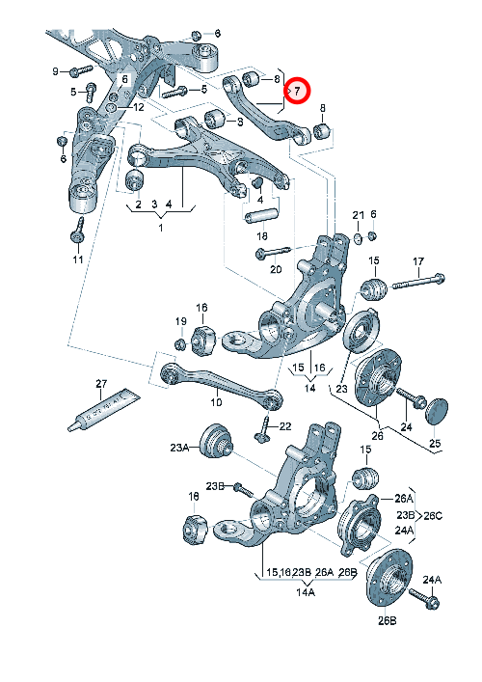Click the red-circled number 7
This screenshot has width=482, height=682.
297,92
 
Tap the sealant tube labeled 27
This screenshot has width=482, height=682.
104,409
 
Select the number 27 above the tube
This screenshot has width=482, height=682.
101,384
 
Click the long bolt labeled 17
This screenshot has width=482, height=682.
418,282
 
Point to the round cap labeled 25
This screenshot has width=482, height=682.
436,411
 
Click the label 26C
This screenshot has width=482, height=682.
433,516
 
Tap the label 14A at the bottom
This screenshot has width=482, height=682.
306,592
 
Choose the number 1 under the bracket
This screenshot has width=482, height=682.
160,228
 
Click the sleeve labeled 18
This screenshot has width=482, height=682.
261,216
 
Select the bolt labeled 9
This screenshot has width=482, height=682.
81,69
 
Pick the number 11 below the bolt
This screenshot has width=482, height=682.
78,259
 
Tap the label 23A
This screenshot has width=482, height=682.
179,447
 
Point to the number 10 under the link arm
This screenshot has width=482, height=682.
216,402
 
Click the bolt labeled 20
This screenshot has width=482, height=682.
273,252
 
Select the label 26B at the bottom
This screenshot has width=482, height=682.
387,620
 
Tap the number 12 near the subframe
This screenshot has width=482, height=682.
138,107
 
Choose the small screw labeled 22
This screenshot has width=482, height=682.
263,430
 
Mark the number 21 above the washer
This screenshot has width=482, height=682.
359,215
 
